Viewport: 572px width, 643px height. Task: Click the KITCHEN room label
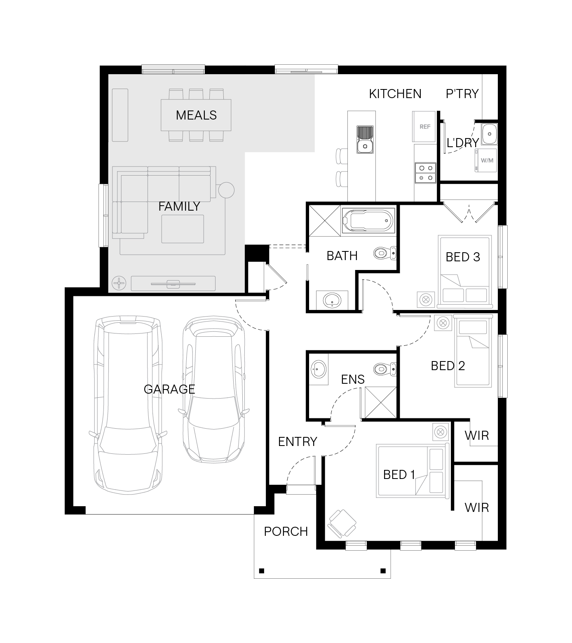click(395, 94)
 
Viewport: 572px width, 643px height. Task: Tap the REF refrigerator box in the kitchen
click(424, 127)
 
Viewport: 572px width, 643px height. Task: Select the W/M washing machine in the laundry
click(486, 161)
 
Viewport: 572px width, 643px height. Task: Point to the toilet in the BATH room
click(385, 252)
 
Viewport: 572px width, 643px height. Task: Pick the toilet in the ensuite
click(385, 369)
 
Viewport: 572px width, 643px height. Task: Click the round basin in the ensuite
click(318, 368)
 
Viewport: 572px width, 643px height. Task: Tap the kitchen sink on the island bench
click(365, 139)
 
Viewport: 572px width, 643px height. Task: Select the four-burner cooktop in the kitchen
click(425, 173)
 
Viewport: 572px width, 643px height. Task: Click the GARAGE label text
click(169, 389)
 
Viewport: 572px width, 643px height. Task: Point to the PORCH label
click(286, 532)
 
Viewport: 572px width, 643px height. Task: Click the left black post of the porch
click(261, 571)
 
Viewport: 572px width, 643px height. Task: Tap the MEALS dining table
click(196, 115)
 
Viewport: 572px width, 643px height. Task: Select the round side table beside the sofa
click(226, 190)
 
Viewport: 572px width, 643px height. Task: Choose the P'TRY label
click(462, 94)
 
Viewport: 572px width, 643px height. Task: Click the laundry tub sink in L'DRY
click(490, 134)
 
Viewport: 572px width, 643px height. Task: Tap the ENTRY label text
click(298, 442)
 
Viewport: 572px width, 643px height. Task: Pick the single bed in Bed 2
click(474, 351)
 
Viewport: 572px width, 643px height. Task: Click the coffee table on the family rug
click(183, 229)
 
